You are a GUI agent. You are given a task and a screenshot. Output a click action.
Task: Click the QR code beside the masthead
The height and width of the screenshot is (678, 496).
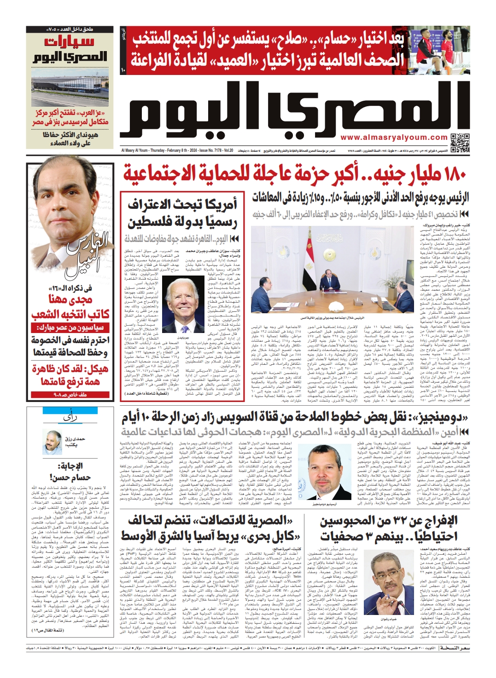[x=460, y=143]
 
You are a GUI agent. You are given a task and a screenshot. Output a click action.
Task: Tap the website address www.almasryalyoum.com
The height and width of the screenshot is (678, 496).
[x=394, y=138]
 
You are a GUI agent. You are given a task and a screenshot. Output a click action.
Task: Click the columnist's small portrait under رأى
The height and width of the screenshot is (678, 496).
[x=53, y=442]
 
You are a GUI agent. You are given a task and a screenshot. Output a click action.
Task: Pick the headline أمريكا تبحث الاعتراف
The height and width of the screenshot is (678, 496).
[x=183, y=213]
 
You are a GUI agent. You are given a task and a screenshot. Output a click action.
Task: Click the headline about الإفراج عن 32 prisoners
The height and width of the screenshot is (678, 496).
[x=389, y=529]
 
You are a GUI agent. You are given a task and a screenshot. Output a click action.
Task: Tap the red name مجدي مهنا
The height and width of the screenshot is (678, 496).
[x=70, y=299]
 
